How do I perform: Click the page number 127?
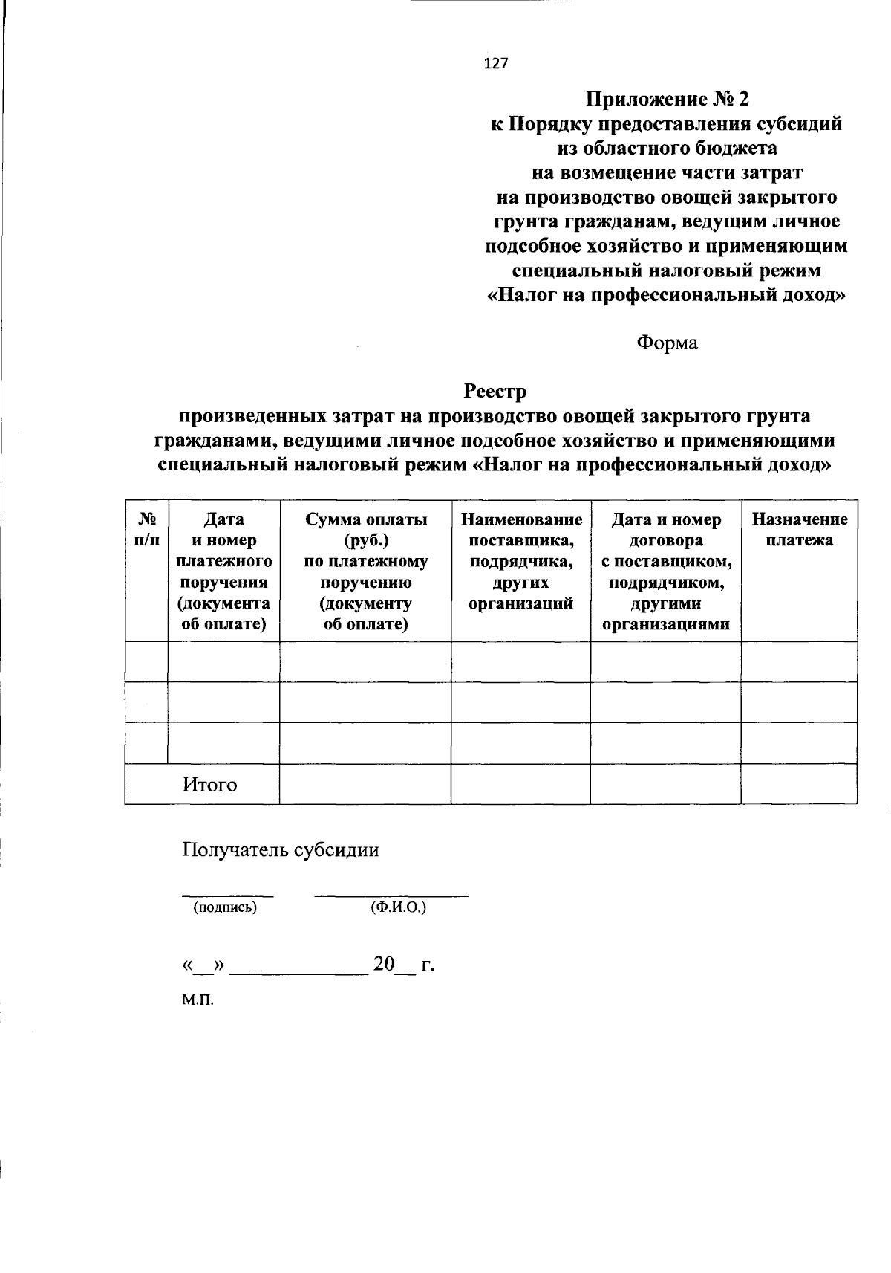click(x=496, y=64)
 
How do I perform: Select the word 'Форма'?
click(x=667, y=343)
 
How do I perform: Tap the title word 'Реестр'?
click(x=495, y=390)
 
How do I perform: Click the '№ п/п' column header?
click(x=146, y=530)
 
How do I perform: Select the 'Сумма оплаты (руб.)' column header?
click(x=365, y=529)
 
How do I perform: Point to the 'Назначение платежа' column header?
click(x=799, y=529)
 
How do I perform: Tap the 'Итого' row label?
click(x=210, y=785)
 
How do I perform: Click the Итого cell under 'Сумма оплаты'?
click(x=365, y=784)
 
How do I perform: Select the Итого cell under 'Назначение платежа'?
click(x=799, y=784)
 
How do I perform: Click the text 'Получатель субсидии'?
click(x=281, y=850)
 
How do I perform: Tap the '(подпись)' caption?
click(x=225, y=907)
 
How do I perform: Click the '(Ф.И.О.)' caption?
click(x=398, y=907)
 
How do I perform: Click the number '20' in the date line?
click(x=384, y=965)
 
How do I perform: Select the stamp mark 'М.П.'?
click(x=198, y=1000)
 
